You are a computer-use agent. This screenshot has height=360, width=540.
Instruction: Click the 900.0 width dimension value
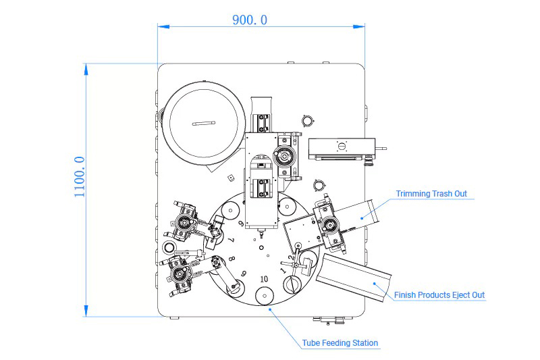[250, 20]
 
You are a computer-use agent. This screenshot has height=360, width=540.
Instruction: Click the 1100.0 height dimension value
[80, 177]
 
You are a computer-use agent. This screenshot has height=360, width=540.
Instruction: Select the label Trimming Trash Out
[431, 194]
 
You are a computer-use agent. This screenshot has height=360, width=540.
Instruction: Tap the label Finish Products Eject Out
[439, 295]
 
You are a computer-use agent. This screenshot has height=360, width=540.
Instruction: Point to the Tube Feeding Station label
[340, 342]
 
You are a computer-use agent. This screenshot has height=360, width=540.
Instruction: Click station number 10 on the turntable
[264, 279]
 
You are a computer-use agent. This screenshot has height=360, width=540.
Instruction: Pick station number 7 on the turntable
[232, 240]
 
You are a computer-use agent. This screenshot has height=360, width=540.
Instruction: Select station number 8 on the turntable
[232, 259]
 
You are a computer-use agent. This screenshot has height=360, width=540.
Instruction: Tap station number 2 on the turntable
[292, 257]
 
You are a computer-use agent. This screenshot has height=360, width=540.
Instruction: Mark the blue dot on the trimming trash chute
[362, 218]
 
